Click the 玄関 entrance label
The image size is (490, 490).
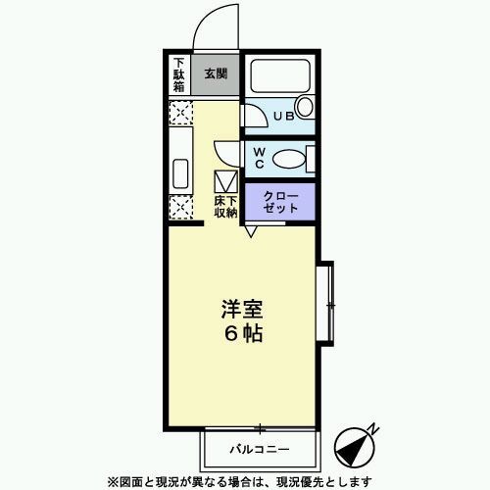point(216,73)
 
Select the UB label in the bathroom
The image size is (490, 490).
point(283,117)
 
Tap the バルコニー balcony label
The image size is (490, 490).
point(260,449)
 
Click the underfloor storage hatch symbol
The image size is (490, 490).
point(225,181)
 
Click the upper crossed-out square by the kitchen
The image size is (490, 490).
point(180,115)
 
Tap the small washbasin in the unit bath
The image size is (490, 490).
point(304,107)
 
